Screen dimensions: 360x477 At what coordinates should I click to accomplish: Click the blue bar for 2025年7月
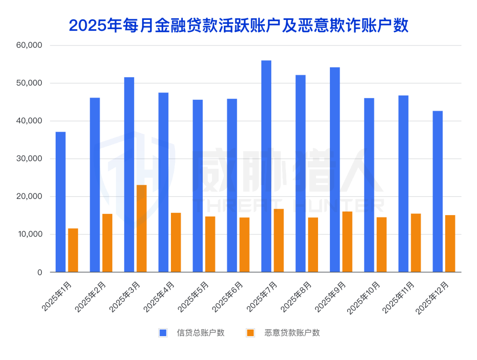tap(266, 166)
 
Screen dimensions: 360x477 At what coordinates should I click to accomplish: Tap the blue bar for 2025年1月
tap(61, 202)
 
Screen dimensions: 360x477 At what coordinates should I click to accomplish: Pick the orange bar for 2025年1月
tap(73, 250)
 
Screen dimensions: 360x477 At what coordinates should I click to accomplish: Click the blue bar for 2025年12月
tap(438, 191)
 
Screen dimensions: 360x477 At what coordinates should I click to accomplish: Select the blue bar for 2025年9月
tap(335, 170)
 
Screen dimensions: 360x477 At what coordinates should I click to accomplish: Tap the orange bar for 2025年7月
tap(279, 240)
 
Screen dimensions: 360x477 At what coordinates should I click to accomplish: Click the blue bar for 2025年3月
tap(129, 174)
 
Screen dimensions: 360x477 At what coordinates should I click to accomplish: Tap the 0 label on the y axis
tap(39, 273)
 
